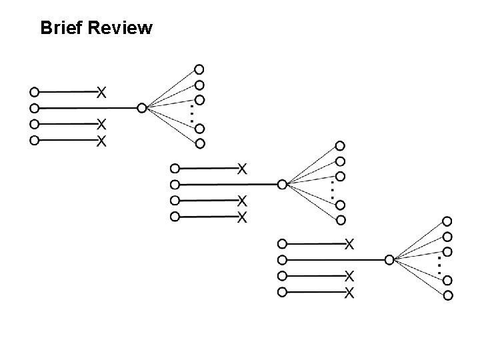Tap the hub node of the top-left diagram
coord(141,107)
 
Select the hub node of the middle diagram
coord(282,184)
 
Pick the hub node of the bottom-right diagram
coord(389,259)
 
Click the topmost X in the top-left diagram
coord(101,91)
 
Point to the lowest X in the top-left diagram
coord(101,141)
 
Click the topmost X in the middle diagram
coord(243,167)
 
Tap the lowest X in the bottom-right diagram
coord(349,293)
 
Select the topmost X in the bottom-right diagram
coord(349,243)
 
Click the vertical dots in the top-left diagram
coord(191,113)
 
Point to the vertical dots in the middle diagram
coord(332,190)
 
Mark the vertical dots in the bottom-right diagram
coord(439,265)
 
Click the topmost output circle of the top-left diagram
coord(199,69)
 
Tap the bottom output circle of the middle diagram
coord(341,220)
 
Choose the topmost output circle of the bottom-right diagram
coord(447,221)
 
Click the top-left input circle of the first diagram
coord(35,91)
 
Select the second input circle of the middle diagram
coord(175,184)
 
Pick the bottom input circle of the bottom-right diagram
coord(282,292)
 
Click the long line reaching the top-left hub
coord(87,108)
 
